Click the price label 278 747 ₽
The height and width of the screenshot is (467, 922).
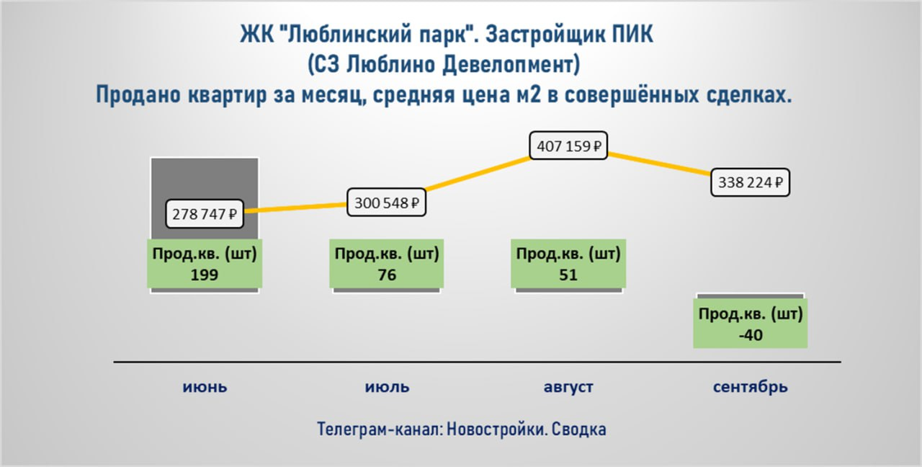pyautogui.click(x=205, y=214)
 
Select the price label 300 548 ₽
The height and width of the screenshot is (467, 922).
pyautogui.click(x=387, y=203)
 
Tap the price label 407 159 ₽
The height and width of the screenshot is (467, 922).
pyautogui.click(x=568, y=146)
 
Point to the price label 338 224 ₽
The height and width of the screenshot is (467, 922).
pyautogui.click(x=750, y=182)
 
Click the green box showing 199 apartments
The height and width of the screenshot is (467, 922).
pyautogui.click(x=205, y=264)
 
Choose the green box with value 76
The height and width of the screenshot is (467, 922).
pyautogui.click(x=387, y=264)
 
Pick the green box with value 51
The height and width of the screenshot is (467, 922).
pyautogui.click(x=568, y=264)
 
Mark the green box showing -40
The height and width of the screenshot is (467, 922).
pyautogui.click(x=751, y=324)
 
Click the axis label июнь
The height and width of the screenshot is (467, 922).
pyautogui.click(x=205, y=387)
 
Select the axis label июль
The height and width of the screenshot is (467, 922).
pyautogui.click(x=387, y=387)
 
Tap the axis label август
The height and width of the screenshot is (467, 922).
pyautogui.click(x=568, y=387)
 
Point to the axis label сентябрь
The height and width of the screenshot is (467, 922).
pyautogui.click(x=751, y=387)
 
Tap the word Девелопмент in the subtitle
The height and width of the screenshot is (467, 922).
pyautogui.click(x=511, y=65)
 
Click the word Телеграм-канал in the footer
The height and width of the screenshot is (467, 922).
pyautogui.click(x=380, y=429)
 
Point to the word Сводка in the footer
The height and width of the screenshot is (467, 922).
pyautogui.click(x=578, y=429)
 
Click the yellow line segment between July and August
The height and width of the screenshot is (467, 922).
pyautogui.click(x=478, y=174)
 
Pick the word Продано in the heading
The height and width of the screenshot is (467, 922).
pyautogui.click(x=138, y=94)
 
